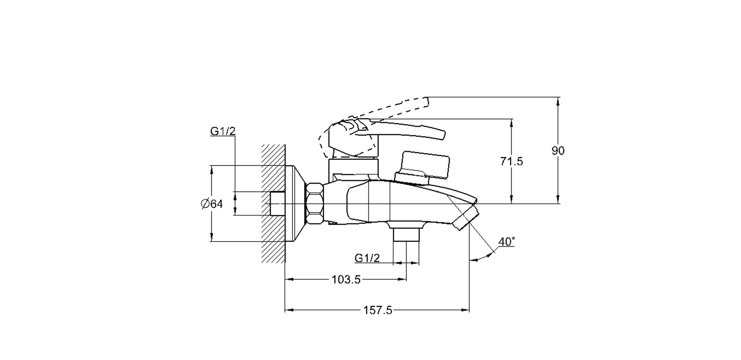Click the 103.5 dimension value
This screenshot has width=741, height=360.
pos(346,280)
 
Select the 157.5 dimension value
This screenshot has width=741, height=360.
pos(377,310)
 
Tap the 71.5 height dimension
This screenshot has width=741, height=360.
pos(511,161)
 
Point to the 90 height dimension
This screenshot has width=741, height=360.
pos(558,150)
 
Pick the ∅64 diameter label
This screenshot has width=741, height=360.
pos(212,204)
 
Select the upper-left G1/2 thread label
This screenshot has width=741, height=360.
pos(223,131)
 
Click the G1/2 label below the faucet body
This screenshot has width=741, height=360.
pos(367,258)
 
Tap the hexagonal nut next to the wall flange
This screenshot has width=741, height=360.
pos(314,204)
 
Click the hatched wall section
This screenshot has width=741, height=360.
pos(274,204)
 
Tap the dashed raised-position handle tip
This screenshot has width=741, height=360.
pos(427,102)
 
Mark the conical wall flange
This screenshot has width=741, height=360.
pos(295,204)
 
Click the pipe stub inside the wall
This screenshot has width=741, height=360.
pos(278,204)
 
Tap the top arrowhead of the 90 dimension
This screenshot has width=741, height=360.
pos(558,101)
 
